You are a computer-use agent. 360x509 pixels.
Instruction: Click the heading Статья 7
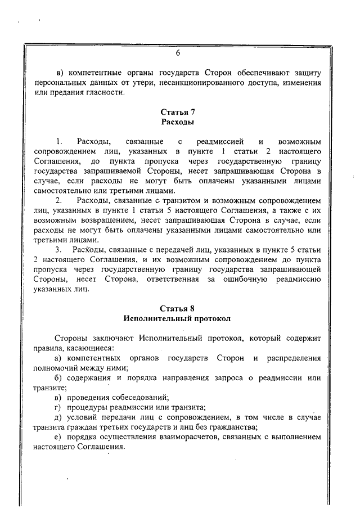click(177, 112)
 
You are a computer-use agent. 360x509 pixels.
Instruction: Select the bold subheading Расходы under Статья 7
click(177, 122)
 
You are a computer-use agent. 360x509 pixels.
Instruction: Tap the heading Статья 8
click(177, 308)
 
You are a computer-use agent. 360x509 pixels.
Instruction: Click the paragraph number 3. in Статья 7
click(58, 250)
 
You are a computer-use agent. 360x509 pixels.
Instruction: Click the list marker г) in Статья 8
click(58, 407)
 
